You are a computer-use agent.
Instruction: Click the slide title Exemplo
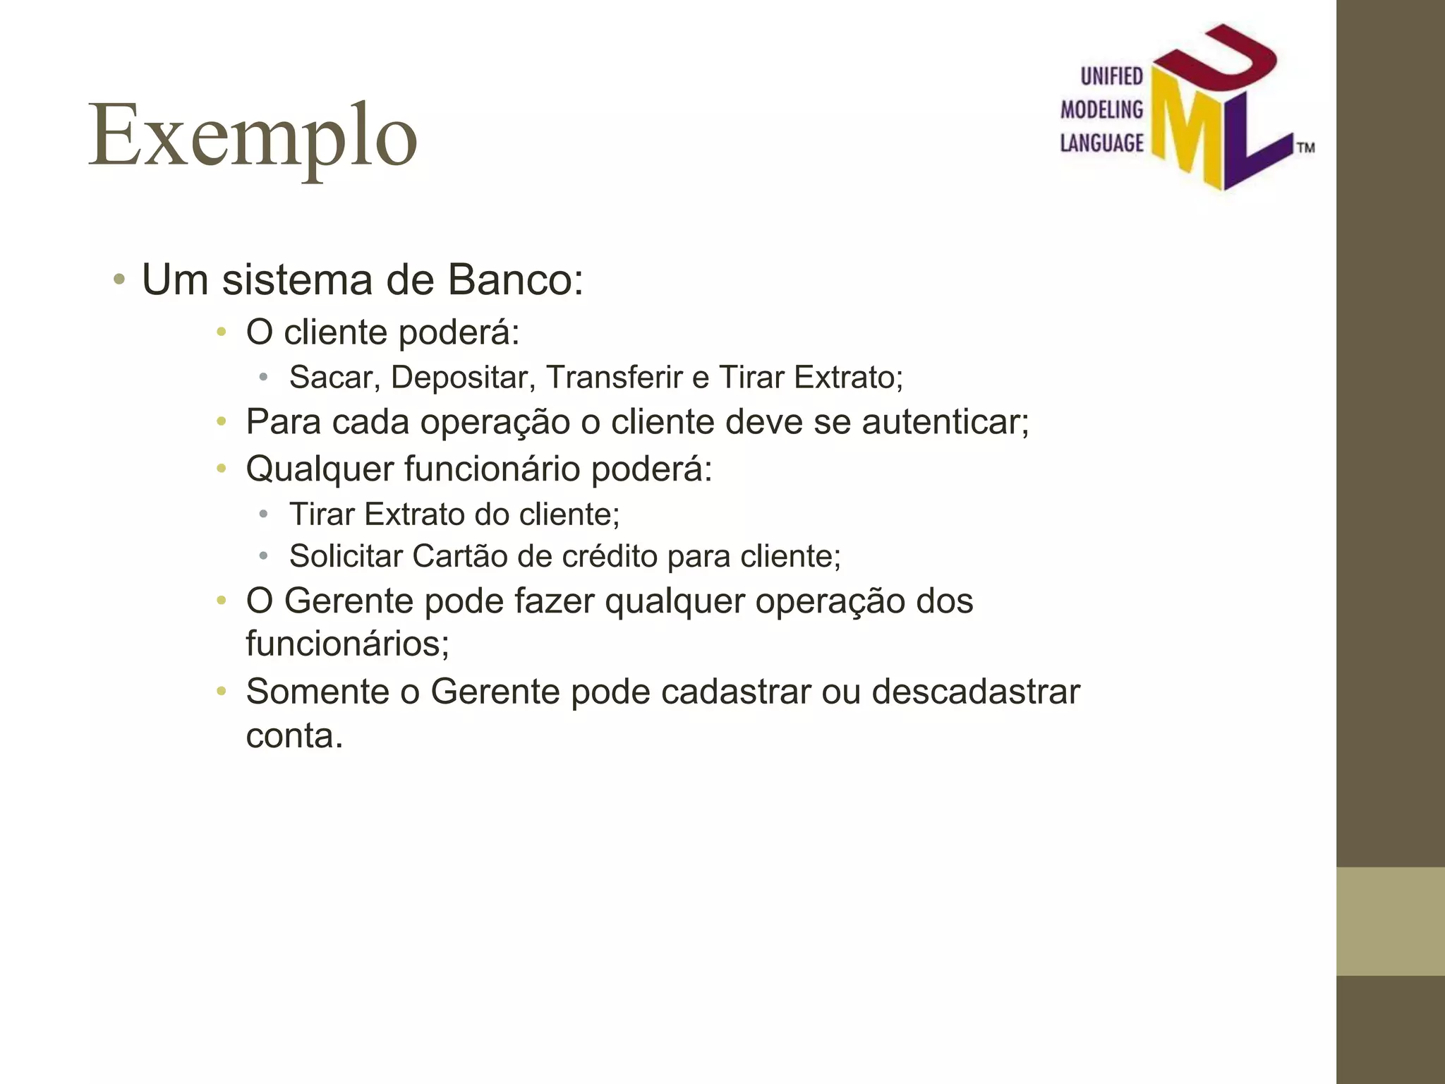tap(253, 135)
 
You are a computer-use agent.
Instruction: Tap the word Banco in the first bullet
tap(516, 279)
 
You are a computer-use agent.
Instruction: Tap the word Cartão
tap(459, 556)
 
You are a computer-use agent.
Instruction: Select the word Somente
tap(318, 692)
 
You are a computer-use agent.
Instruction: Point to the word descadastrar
tap(976, 692)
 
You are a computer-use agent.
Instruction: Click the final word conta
tap(294, 736)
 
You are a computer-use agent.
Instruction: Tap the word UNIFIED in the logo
tap(1112, 76)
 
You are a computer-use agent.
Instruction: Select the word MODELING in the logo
tap(1101, 109)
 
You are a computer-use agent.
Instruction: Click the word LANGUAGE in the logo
tap(1101, 143)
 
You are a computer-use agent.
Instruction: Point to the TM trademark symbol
tap(1306, 148)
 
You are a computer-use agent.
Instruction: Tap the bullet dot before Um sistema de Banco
tap(119, 280)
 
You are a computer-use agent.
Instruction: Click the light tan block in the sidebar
tap(1390, 921)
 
